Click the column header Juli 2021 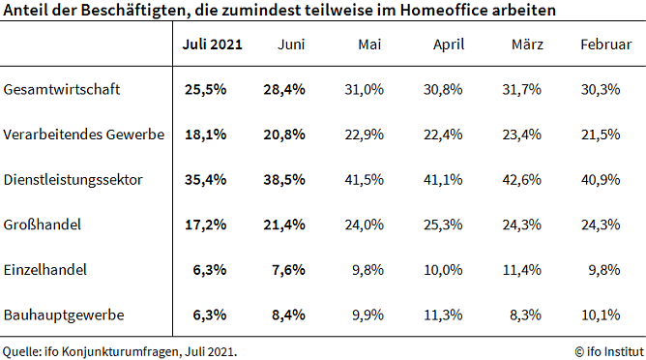coord(212,45)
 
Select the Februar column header coord(606,45)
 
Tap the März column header coord(527,45)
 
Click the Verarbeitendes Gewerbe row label coord(84,134)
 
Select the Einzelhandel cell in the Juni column coord(288,269)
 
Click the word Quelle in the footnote coord(20,350)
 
